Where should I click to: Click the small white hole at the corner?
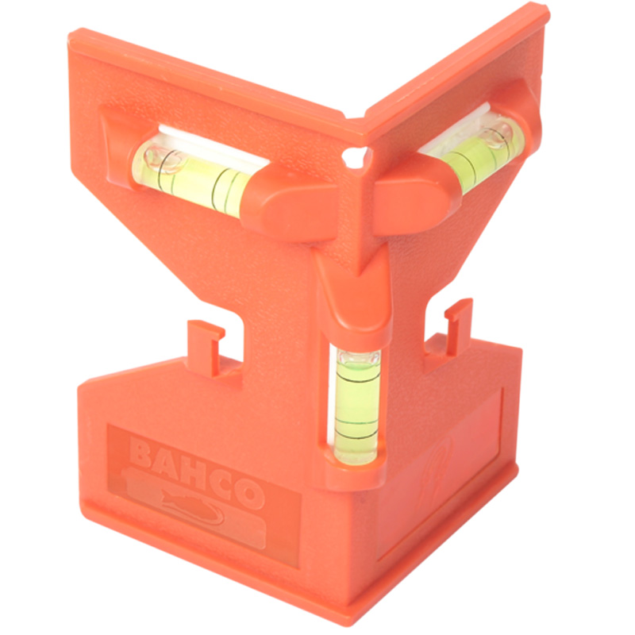pyautogui.click(x=356, y=156)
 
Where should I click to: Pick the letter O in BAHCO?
pyautogui.click(x=247, y=495)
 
